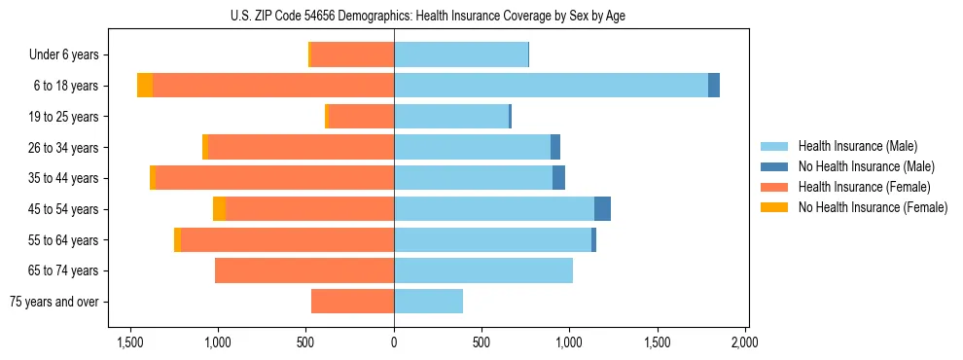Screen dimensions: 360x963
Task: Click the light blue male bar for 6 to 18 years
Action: tap(551, 86)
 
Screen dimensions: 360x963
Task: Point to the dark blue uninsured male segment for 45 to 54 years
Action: tap(602, 209)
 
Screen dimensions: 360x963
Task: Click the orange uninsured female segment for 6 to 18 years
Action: tap(145, 86)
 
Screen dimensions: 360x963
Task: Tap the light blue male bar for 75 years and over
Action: tap(428, 302)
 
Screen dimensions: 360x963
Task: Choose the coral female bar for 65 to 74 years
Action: tap(304, 270)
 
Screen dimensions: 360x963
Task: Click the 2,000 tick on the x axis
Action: tap(744, 342)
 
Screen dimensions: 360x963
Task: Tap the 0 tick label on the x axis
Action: tap(394, 342)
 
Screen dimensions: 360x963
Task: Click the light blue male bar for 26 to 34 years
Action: tap(472, 147)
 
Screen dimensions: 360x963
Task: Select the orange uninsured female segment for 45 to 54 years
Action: tap(219, 209)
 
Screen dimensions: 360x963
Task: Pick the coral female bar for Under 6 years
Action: tap(352, 54)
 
